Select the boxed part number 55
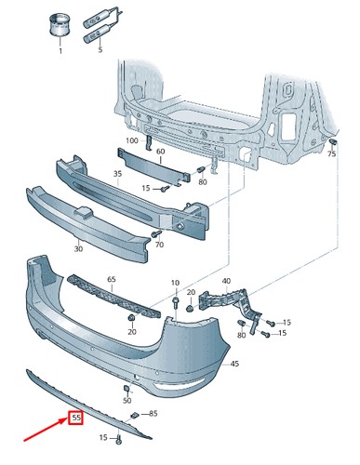click(x=75, y=418)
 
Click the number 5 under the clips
click(x=100, y=51)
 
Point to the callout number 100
click(x=131, y=139)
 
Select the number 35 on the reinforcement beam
click(x=117, y=173)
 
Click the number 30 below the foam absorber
click(x=78, y=248)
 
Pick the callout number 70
click(x=159, y=246)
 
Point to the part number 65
click(x=112, y=279)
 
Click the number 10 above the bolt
click(x=174, y=282)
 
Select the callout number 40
click(x=224, y=281)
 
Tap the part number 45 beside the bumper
click(x=235, y=363)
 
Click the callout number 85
click(x=153, y=413)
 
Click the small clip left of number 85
click(x=134, y=412)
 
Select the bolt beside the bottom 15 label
click(x=120, y=437)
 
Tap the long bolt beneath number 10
click(x=174, y=302)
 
